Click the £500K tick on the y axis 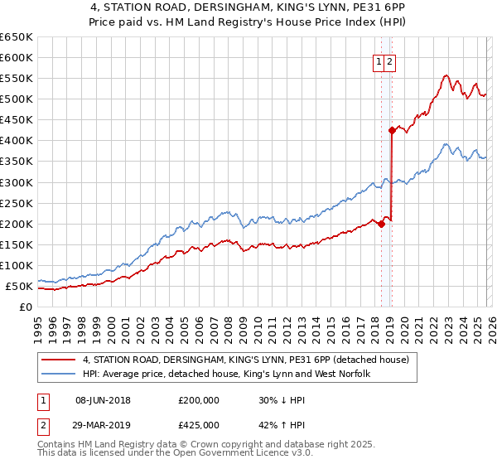tap(16, 99)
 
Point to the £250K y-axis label tap(16, 203)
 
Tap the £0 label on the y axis tap(25, 307)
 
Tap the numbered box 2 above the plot tap(390, 60)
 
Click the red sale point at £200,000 tap(382, 224)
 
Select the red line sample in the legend tap(58, 360)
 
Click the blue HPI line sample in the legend tap(58, 375)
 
